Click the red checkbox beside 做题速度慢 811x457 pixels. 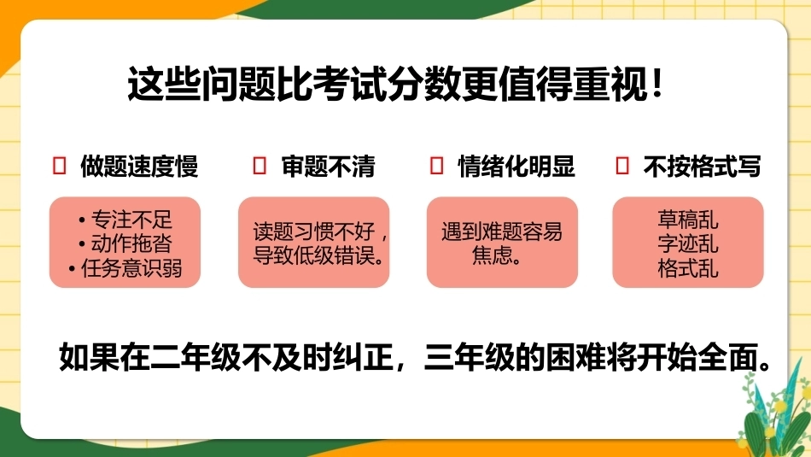(60, 166)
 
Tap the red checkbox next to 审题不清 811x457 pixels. (260, 166)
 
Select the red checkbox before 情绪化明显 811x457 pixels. (436, 166)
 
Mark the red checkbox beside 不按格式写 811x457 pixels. (622, 166)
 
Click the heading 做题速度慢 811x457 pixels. (139, 166)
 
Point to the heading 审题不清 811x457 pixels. (329, 166)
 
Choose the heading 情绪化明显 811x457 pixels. (516, 166)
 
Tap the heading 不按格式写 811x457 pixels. (702, 166)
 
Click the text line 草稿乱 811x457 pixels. (688, 220)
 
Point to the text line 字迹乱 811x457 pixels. (688, 243)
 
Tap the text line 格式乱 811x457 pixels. (688, 268)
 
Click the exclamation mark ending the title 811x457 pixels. (656, 84)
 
